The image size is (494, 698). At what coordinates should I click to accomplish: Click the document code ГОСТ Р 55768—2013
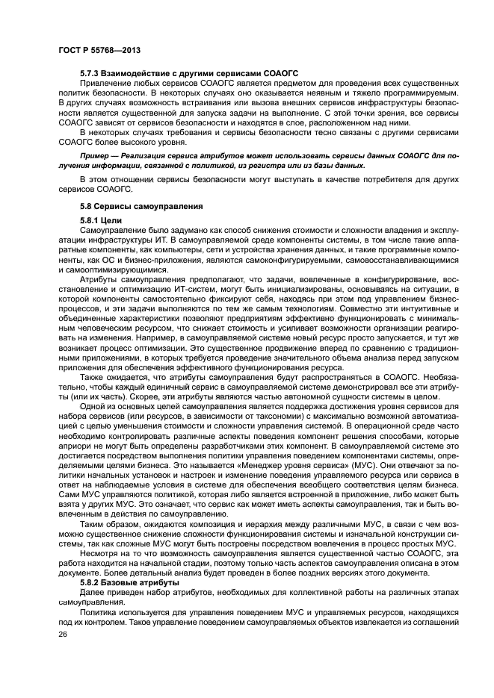click(99, 50)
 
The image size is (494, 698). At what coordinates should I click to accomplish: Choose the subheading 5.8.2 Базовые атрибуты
click(129, 582)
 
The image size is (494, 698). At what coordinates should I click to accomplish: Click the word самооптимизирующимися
click(110, 269)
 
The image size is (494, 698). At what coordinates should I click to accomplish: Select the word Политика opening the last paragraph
click(100, 611)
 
